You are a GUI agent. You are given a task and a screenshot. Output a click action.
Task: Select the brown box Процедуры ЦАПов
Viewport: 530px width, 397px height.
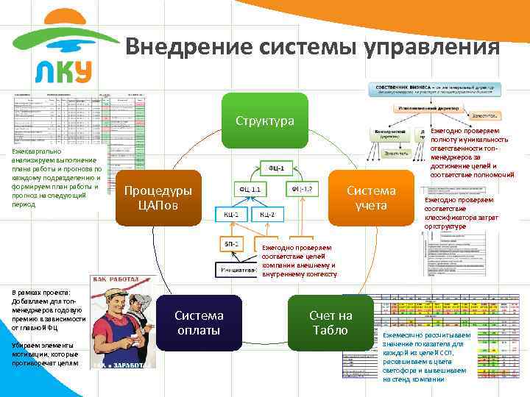pyautogui.click(x=158, y=197)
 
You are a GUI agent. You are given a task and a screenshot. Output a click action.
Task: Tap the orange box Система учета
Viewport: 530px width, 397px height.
pyautogui.click(x=371, y=197)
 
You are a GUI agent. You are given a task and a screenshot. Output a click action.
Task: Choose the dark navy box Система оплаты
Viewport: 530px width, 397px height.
pyautogui.click(x=199, y=323)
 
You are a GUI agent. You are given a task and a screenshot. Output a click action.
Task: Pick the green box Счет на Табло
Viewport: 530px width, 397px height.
pyautogui.click(x=331, y=323)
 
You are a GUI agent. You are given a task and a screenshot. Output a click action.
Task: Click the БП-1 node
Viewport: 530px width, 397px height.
pyautogui.click(x=230, y=243)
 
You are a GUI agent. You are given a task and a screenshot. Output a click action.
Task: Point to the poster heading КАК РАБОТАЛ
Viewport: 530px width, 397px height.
pyautogui.click(x=120, y=280)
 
